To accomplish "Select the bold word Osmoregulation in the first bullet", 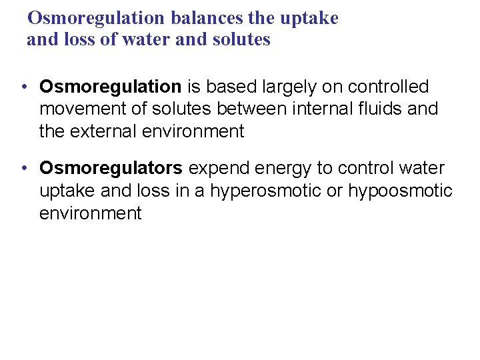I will pyautogui.click(x=110, y=87).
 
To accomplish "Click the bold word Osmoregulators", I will pyautogui.click(x=111, y=169).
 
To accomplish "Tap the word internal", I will pyautogui.click(x=317, y=109).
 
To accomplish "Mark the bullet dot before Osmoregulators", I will pyautogui.click(x=23, y=169).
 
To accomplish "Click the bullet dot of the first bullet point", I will pyautogui.click(x=23, y=87).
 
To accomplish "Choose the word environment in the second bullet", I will pyautogui.click(x=90, y=213).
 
